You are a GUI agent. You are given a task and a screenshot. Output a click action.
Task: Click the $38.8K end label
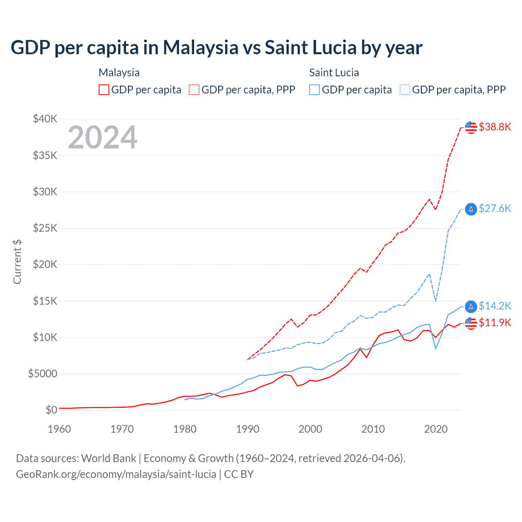pos(495,127)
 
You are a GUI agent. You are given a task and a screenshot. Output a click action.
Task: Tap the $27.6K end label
pos(495,208)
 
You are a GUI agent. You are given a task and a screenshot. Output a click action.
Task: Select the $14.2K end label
pos(495,306)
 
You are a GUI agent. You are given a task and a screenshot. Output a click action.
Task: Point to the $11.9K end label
pos(495,323)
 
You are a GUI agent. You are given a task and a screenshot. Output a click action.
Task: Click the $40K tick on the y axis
pos(45,119)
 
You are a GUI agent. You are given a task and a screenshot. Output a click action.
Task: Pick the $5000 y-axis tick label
pos(42,374)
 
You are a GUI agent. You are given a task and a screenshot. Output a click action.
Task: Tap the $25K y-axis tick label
pos(45,228)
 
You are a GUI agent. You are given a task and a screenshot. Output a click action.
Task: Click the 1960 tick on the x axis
pos(60,429)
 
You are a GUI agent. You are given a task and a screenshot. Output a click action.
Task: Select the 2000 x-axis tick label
pos(310,429)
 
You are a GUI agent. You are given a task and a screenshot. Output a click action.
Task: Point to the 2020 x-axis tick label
pos(436,429)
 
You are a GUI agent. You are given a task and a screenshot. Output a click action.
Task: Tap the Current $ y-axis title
pos(17,261)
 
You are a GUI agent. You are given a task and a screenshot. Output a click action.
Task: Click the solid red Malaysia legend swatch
pos(104,90)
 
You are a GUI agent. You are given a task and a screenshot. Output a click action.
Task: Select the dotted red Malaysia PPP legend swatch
pos(195,90)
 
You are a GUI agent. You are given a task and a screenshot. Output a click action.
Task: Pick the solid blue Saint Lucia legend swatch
pos(314,90)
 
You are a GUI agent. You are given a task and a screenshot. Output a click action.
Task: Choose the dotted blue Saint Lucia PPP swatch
pos(405,90)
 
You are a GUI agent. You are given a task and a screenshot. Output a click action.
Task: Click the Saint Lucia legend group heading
pos(334,73)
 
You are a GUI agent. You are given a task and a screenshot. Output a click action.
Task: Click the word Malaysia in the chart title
pos(201,47)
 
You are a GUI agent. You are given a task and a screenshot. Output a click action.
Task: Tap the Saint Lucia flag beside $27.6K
pos(471,209)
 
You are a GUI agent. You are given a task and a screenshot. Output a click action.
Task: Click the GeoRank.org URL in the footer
pos(116,474)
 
